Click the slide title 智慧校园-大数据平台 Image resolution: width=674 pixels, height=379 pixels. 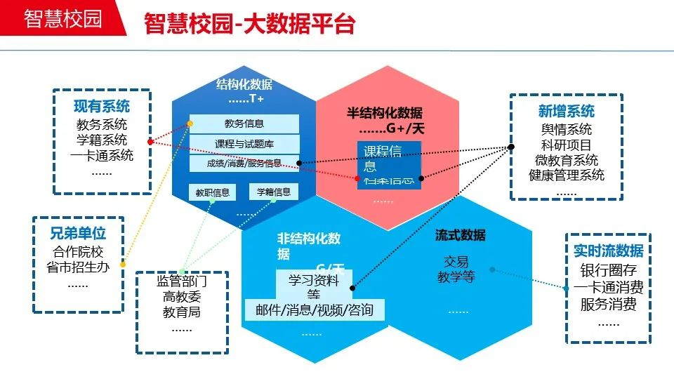pyautogui.click(x=249, y=24)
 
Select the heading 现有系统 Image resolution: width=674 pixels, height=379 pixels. pyautogui.click(x=102, y=107)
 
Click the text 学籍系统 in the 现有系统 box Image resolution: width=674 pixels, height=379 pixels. pyautogui.click(x=102, y=140)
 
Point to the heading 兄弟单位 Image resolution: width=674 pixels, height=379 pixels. pyautogui.click(x=78, y=234)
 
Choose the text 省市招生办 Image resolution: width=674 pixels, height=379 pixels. pyautogui.click(x=78, y=267)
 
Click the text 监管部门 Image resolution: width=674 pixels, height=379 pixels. pyautogui.click(x=182, y=281)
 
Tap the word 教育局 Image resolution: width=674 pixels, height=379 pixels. pyautogui.click(x=182, y=312)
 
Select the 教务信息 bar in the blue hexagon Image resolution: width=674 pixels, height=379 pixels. pyautogui.click(x=244, y=124)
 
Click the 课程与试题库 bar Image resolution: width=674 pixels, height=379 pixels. pyautogui.click(x=244, y=144)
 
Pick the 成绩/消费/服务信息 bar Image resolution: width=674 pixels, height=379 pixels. pyautogui.click(x=244, y=163)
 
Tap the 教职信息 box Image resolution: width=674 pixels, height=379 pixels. pyautogui.click(x=213, y=192)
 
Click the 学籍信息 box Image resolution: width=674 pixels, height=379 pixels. pyautogui.click(x=274, y=192)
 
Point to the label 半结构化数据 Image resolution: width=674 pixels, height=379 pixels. pyautogui.click(x=385, y=113)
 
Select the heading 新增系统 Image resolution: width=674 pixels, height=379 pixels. pyautogui.click(x=566, y=111)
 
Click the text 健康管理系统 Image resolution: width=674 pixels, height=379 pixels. pyautogui.click(x=566, y=175)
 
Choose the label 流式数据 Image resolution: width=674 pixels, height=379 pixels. pyautogui.click(x=460, y=235)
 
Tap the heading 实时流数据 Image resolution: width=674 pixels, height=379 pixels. pyautogui.click(x=608, y=251)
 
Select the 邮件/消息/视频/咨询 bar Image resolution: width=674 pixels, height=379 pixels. pyautogui.click(x=315, y=310)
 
